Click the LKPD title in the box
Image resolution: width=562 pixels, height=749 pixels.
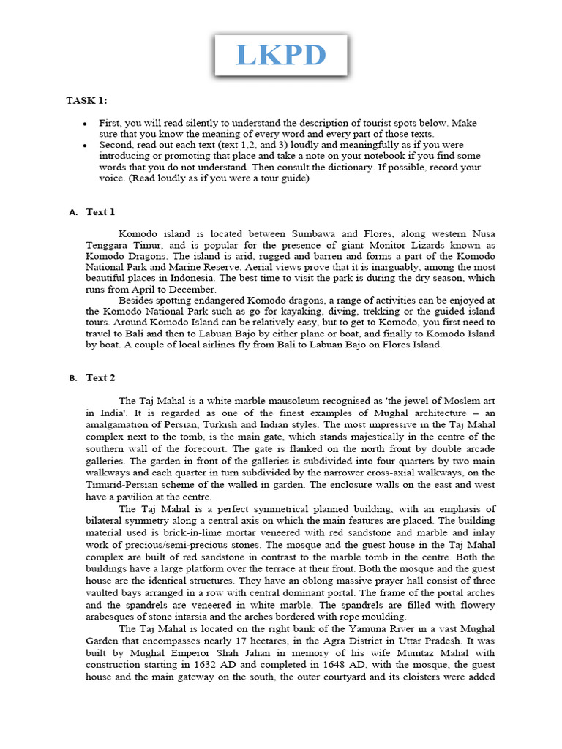pos(281,55)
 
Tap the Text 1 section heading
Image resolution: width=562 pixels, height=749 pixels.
pos(100,212)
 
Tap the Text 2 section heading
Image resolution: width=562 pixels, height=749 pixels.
pos(100,378)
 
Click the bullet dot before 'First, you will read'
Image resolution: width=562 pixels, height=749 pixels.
pos(86,124)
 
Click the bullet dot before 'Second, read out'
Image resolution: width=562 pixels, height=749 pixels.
pos(86,146)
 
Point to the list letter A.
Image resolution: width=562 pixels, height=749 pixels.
pos(72,213)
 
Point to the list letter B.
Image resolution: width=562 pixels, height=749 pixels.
pos(72,379)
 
